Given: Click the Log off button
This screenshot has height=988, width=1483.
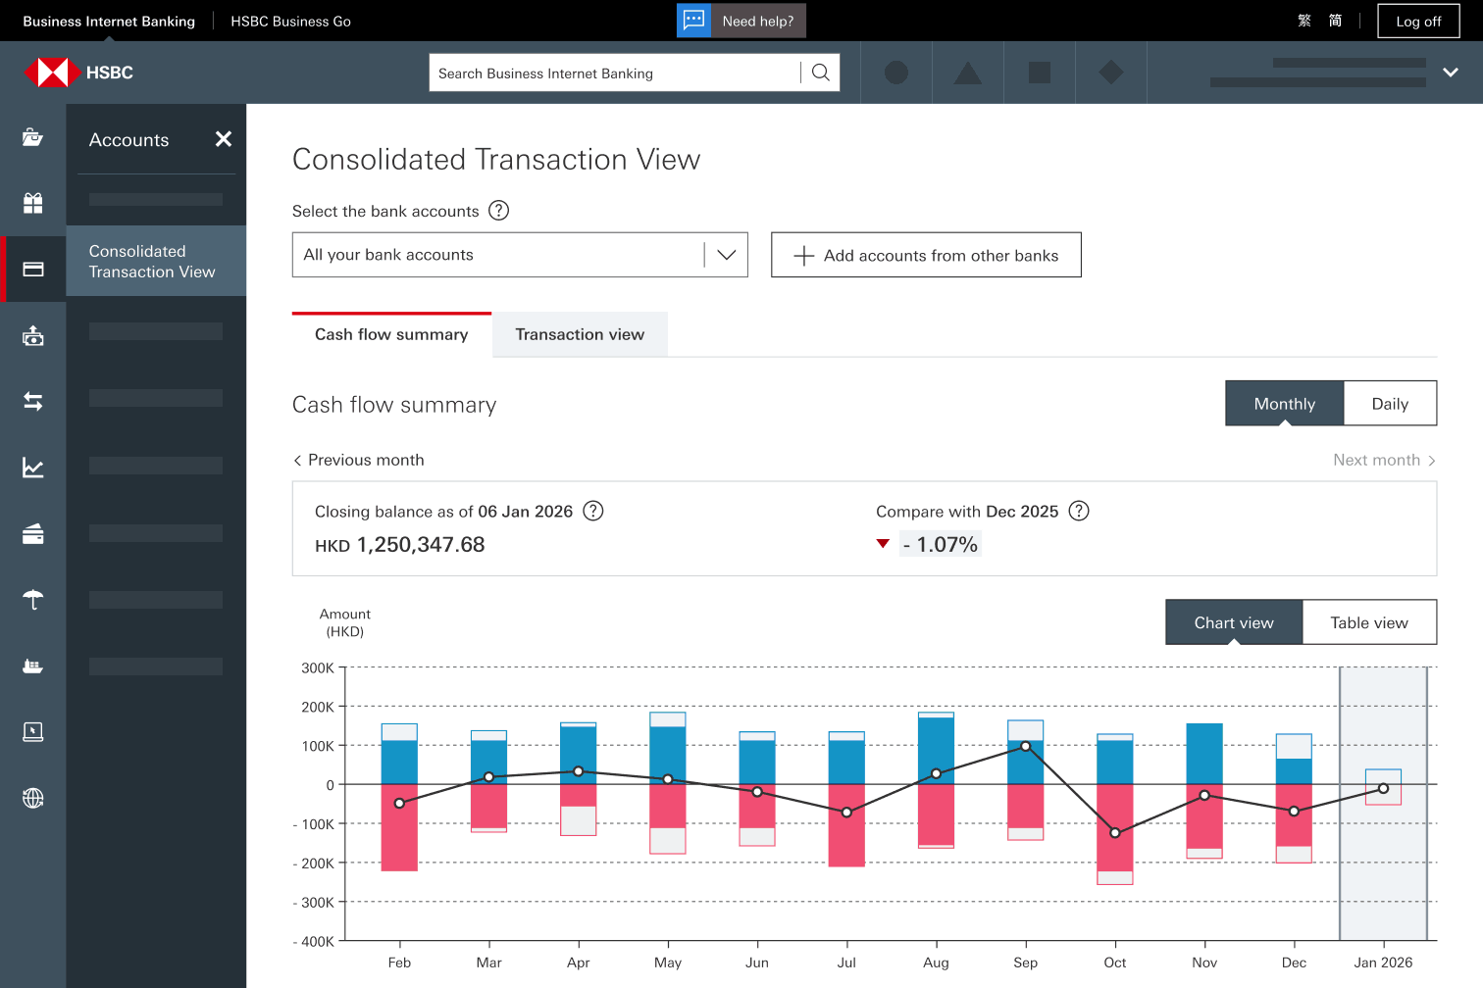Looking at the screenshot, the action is coord(1418,22).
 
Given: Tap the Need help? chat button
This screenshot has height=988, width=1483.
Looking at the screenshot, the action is coord(741,21).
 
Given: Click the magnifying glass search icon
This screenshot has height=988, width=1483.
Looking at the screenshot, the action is coord(820,73).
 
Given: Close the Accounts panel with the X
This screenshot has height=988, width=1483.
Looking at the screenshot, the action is coord(224,139).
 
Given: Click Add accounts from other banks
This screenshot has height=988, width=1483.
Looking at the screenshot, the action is coord(926,255).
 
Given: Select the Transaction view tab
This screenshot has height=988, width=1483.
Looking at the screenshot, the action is coord(580,334).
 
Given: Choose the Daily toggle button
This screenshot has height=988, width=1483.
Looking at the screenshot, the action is coord(1391,404).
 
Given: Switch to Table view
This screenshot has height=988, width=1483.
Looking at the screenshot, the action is coord(1369,622).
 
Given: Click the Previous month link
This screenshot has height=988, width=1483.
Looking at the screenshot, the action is coord(359,460).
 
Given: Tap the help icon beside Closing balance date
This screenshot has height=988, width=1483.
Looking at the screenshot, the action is coord(593,511).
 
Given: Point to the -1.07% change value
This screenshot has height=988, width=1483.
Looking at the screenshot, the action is coord(940,544).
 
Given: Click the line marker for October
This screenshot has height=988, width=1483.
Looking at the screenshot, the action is coord(1115,832).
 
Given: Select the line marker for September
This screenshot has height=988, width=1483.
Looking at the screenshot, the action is coord(1026,747).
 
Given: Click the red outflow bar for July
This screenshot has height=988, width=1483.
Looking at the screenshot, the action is coord(846,825).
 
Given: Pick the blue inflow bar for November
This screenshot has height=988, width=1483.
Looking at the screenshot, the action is coord(1204,755).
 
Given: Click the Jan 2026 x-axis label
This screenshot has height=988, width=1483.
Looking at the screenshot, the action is coord(1383,963).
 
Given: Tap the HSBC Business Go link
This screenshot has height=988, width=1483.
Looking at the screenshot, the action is coord(290,22).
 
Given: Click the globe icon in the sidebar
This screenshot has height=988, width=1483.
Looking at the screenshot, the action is coord(33,798).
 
